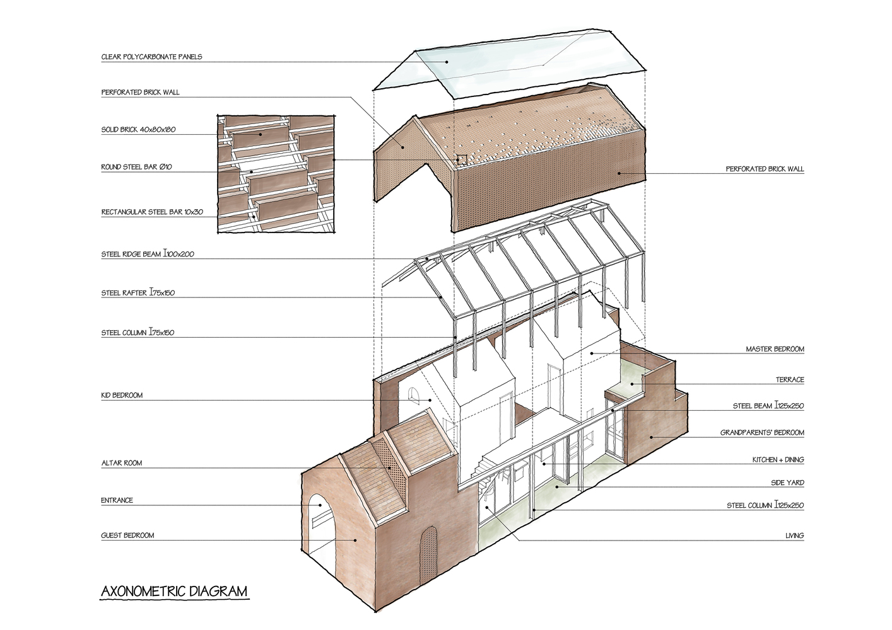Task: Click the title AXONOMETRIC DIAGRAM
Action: click(x=174, y=592)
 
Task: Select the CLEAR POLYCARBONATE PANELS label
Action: click(x=152, y=57)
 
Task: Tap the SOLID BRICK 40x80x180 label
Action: click(x=138, y=130)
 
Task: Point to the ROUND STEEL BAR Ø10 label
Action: click(x=136, y=167)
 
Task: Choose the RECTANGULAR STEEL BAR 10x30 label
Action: click(x=152, y=212)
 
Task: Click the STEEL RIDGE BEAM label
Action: click(x=148, y=254)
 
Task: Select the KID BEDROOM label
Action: click(x=122, y=396)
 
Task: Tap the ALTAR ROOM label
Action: click(x=122, y=463)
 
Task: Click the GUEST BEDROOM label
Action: click(x=127, y=535)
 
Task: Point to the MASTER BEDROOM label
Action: click(x=775, y=349)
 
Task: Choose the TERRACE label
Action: click(x=790, y=380)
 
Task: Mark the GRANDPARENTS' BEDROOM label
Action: click(x=762, y=432)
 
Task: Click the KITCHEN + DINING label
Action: click(x=778, y=460)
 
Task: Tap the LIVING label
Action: click(x=795, y=535)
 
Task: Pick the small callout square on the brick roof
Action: click(x=462, y=160)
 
